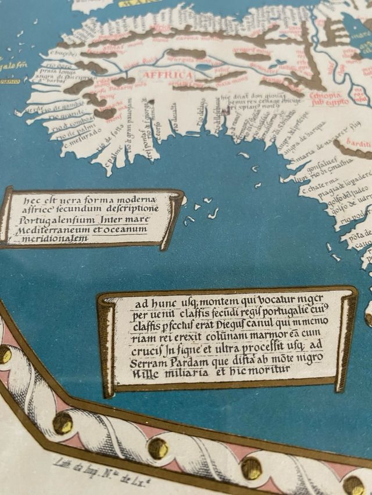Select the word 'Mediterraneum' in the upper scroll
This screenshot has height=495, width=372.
point(55,230)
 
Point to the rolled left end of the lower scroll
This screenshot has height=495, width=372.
point(107,345)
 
